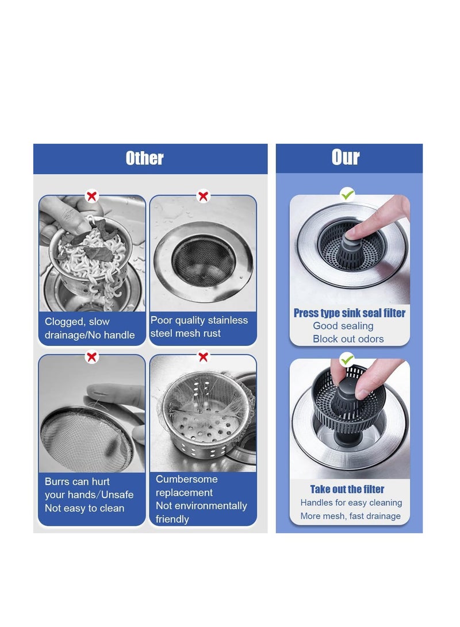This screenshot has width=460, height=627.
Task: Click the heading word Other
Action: coord(144,159)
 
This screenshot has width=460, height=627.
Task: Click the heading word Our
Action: coord(346,157)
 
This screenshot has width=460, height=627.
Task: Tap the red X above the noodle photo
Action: coord(91,197)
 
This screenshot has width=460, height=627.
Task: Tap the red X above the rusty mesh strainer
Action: coord(203,197)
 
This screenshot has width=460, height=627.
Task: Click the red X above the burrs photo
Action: coord(91,357)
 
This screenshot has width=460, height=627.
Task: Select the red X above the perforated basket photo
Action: coord(203,357)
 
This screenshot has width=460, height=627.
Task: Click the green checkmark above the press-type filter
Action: coord(347,195)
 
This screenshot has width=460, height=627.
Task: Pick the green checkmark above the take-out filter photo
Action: coord(347,360)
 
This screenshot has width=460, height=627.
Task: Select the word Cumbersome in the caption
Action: coord(186,479)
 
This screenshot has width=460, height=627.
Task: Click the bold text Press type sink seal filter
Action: coord(349,313)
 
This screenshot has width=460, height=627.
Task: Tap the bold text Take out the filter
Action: coord(347,490)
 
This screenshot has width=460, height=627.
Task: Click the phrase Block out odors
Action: coord(348,339)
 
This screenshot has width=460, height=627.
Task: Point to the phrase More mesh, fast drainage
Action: coord(350,516)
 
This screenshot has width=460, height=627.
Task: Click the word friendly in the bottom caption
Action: coord(172,520)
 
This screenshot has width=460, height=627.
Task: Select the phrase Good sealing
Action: coord(343,326)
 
